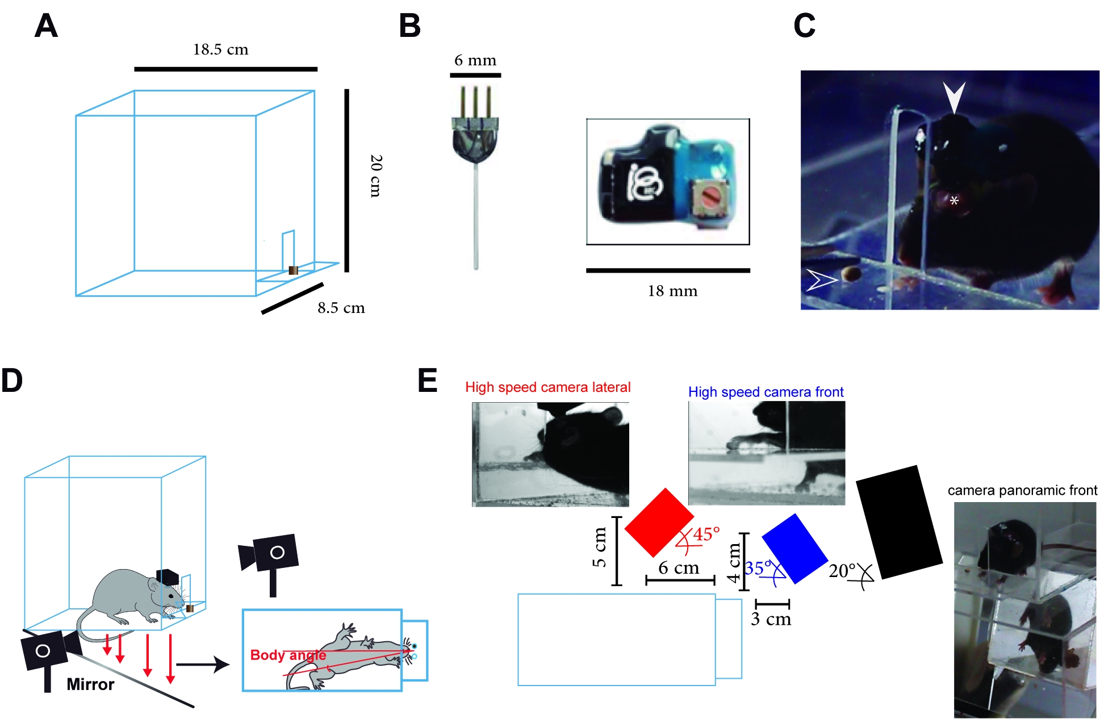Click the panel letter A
(46, 26)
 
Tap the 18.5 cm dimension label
(220, 50)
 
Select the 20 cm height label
(375, 176)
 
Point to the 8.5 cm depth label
(341, 308)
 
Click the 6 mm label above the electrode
(475, 61)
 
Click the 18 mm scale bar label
(672, 291)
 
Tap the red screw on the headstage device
(710, 199)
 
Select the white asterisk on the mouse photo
(954, 200)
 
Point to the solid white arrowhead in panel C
(954, 97)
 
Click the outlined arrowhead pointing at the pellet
(821, 279)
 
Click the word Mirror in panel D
(90, 684)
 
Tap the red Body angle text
(288, 655)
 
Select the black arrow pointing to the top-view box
(202, 664)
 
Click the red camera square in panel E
(659, 522)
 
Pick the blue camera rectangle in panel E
(794, 548)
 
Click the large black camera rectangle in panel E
(899, 521)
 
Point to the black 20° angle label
(842, 571)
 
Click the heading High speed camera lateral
(547, 387)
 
